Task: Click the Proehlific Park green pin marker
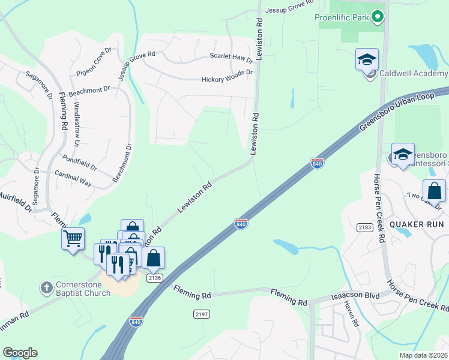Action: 377,17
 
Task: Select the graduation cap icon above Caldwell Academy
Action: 367,60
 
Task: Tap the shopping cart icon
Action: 73,239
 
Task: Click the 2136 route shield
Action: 155,277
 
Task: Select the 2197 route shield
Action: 202,314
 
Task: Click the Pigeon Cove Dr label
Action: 94,62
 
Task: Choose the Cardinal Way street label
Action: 73,178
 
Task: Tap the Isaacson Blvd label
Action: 356,297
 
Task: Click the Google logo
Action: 20,353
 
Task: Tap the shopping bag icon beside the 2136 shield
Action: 154,258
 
